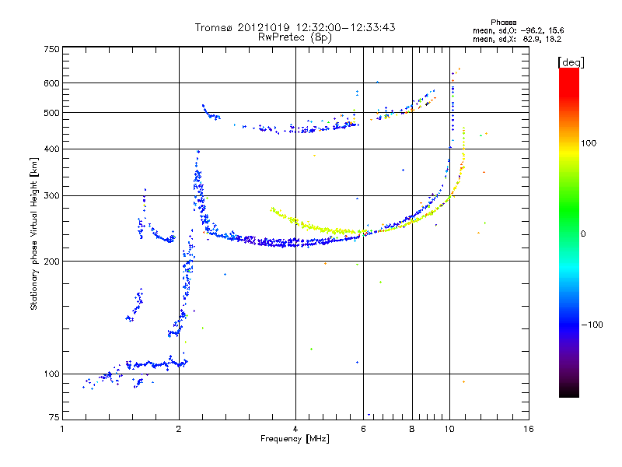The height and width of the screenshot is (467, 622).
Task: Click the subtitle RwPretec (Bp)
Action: [x=295, y=37]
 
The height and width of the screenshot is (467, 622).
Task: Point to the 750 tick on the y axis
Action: [x=51, y=48]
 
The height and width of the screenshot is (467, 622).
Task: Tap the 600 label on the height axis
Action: [x=51, y=83]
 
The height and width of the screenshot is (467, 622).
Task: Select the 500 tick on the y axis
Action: [x=51, y=113]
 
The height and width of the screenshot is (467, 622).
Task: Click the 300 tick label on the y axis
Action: [x=51, y=195]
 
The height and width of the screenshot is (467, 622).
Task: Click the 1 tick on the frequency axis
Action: [x=62, y=429]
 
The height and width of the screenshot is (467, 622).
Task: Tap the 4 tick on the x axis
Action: [x=295, y=429]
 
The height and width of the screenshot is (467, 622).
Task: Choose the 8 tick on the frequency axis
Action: [x=412, y=429]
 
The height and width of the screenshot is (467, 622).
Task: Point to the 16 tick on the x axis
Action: [x=528, y=429]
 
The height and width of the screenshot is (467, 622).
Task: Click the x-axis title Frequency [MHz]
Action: [x=295, y=439]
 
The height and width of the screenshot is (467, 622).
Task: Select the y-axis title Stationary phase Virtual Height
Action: [x=34, y=233]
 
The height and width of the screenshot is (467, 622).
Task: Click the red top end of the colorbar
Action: [x=568, y=72]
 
